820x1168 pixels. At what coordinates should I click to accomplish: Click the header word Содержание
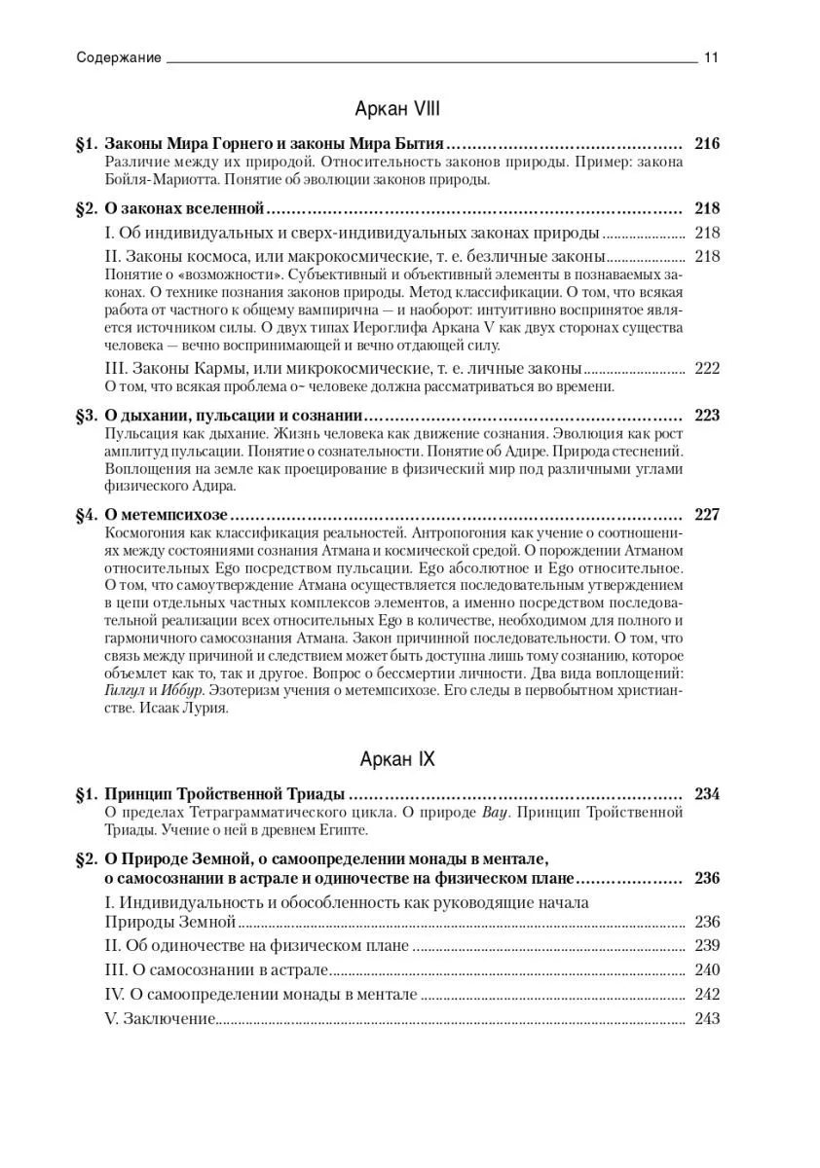click(119, 57)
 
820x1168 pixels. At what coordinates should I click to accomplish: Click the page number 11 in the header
click(711, 57)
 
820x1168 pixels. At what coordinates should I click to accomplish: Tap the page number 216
click(706, 143)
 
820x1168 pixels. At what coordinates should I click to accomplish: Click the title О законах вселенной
click(184, 208)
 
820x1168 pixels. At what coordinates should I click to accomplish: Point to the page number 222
click(706, 368)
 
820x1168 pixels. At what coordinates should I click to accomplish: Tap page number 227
click(706, 514)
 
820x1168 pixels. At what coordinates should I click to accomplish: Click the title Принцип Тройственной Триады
click(225, 793)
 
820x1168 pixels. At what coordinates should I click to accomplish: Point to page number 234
click(706, 793)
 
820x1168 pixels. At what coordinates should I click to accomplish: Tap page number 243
click(706, 1019)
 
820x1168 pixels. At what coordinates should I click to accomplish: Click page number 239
click(706, 945)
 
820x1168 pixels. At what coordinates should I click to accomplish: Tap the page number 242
click(706, 995)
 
